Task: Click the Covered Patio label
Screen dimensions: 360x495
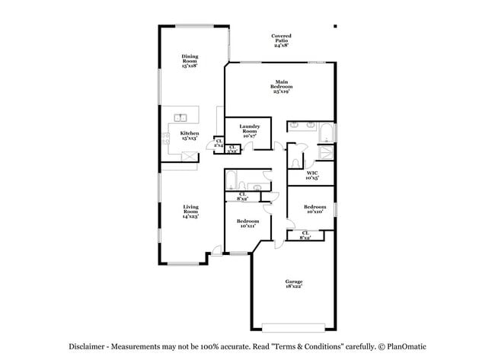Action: coord(282,39)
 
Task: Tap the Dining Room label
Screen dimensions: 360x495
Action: coord(190,61)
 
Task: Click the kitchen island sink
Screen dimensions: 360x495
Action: coord(181,117)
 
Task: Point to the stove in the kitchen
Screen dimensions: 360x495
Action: coord(165,138)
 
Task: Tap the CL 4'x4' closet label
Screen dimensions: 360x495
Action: coord(219,142)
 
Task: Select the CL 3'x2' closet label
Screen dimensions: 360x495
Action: coord(232,149)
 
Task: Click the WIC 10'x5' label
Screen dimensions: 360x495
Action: coord(312,176)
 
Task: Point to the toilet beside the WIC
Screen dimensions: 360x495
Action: coord(295,162)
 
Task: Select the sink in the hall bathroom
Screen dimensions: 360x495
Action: coord(257,186)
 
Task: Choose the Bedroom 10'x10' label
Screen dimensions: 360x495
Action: coord(315,209)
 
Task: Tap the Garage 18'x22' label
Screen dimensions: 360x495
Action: coord(294,284)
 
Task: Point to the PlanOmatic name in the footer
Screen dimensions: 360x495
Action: coord(403,345)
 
